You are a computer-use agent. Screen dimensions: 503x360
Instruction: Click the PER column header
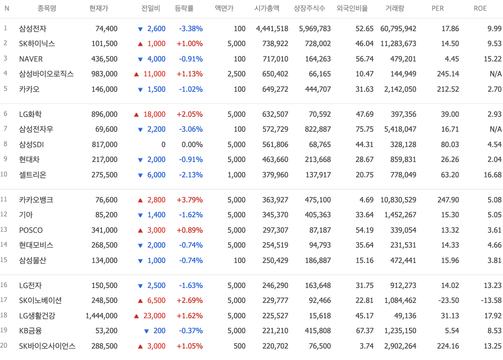coord(438,8)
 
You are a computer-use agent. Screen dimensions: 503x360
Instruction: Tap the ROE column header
coord(480,8)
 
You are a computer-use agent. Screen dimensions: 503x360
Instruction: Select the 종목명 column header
coord(47,8)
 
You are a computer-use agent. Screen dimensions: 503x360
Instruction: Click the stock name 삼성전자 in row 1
coord(33,29)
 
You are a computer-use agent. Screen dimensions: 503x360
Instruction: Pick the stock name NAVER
coord(31,59)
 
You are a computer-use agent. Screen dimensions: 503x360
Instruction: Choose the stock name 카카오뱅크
coord(36,200)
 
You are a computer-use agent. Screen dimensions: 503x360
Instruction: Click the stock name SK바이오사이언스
coord(47,346)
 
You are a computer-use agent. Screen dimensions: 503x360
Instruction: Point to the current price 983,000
coord(104,74)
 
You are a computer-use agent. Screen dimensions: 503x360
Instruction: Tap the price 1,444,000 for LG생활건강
coord(101,316)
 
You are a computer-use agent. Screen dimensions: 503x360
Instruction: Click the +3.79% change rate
coord(190,200)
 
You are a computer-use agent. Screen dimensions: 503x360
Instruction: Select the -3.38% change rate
coord(191,29)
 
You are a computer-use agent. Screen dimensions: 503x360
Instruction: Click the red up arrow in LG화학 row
coord(136,115)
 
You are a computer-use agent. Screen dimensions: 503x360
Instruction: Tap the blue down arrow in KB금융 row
coord(147,331)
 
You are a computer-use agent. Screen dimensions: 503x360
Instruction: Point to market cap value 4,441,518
coord(272,29)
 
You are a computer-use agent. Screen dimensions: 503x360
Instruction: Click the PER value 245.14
coord(448,74)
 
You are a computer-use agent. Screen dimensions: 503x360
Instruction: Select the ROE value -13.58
coord(491,301)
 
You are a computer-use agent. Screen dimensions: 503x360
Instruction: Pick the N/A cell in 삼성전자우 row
coord(496,130)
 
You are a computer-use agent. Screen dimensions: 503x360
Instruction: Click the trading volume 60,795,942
coord(398,29)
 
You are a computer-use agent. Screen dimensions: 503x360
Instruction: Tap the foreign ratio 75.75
coord(365,130)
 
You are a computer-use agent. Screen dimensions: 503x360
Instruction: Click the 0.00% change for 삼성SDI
coord(192,144)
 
